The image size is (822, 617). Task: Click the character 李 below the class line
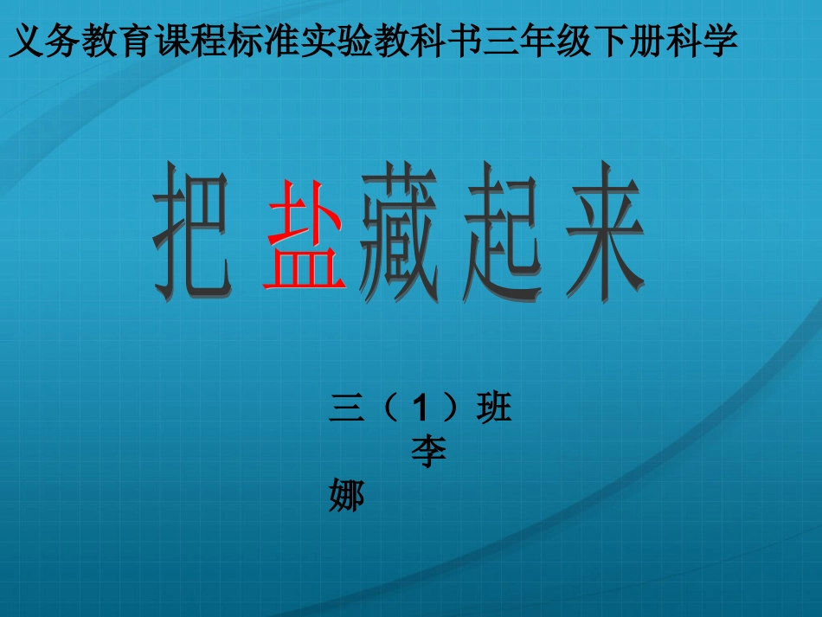(x=428, y=453)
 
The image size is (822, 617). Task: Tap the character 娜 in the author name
(x=346, y=496)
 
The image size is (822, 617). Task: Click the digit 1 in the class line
(x=421, y=407)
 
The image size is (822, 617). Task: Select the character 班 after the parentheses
(x=494, y=407)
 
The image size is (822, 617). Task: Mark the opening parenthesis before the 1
(x=386, y=407)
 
